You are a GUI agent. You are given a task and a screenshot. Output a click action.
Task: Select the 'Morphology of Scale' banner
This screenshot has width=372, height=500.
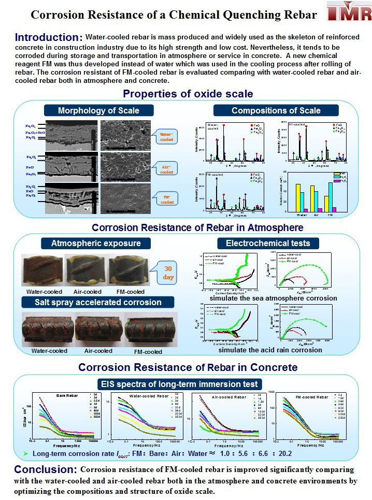pos(98,110)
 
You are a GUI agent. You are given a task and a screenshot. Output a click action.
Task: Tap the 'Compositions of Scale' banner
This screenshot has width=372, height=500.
pos(276,110)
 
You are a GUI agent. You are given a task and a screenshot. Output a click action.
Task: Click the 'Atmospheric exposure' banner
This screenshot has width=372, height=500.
pos(96,243)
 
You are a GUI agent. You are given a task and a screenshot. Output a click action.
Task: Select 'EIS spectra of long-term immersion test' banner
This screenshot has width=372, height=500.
pos(186,383)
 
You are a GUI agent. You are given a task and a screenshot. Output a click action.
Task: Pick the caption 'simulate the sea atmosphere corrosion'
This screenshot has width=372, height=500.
pos(272,298)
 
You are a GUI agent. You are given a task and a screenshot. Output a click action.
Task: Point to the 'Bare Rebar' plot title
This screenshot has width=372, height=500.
pos(66,396)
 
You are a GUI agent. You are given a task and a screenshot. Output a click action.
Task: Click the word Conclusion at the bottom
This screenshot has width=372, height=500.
pos(46,469)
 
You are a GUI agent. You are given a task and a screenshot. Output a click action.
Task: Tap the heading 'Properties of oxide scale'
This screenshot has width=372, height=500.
pos(188,94)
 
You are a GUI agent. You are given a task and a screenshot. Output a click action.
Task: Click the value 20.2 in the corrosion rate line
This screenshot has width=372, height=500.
pos(284,454)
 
